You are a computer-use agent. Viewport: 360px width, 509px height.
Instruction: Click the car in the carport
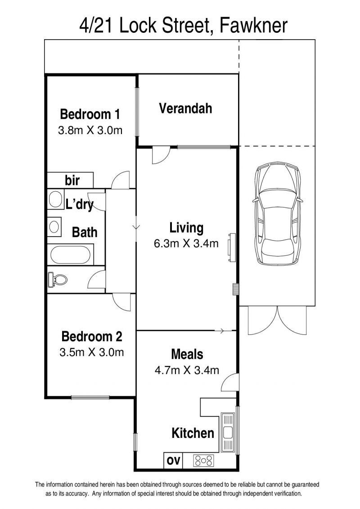pyautogui.click(x=278, y=214)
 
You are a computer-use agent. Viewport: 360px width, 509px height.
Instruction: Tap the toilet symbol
pyautogui.click(x=58, y=279)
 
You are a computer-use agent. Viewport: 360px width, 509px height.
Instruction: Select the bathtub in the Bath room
pyautogui.click(x=71, y=255)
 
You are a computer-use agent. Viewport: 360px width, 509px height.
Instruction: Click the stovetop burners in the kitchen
pyautogui.click(x=203, y=460)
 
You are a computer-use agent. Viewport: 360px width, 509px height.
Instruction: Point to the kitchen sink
pyautogui.click(x=228, y=432)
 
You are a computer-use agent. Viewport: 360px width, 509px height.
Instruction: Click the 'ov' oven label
pyautogui.click(x=173, y=460)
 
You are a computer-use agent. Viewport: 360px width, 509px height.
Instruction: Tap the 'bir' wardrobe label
pyautogui.click(x=72, y=180)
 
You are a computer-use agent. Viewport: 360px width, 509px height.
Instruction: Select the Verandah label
pyautogui.click(x=186, y=108)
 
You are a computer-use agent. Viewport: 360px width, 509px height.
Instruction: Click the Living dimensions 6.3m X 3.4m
pyautogui.click(x=186, y=243)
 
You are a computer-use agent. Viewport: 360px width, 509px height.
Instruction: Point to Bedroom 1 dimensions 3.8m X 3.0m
pyautogui.click(x=90, y=131)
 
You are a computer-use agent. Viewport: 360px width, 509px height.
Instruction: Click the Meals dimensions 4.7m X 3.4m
pyautogui.click(x=187, y=370)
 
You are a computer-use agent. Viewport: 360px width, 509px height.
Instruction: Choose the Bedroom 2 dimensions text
pyautogui.click(x=91, y=352)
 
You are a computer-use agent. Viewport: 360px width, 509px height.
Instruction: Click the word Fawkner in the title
pyautogui.click(x=253, y=26)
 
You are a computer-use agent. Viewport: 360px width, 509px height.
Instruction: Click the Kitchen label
pyautogui.click(x=193, y=433)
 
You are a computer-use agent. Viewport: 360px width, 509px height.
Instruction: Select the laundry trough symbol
pyautogui.click(x=56, y=199)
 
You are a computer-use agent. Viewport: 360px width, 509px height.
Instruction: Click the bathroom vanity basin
pyautogui.click(x=54, y=226)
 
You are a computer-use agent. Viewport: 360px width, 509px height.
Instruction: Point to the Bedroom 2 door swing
pyautogui.click(x=123, y=302)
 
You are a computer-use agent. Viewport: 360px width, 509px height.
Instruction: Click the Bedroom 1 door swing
pyautogui.click(x=121, y=180)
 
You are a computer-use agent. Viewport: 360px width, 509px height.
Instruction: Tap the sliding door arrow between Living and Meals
pyautogui.click(x=222, y=331)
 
